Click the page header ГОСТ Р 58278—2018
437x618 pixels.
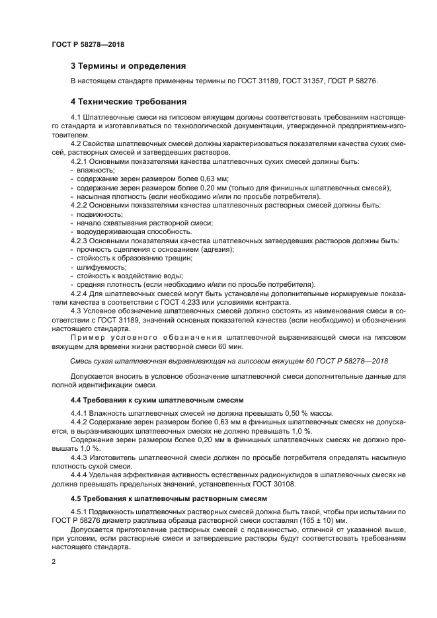tap(88, 45)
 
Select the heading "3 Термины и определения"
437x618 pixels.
tap(128, 66)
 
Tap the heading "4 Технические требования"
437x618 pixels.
tap(128, 102)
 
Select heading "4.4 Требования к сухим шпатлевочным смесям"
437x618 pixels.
tap(157, 400)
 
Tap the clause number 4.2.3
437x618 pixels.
tap(81, 241)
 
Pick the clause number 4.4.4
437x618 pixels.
tap(81, 475)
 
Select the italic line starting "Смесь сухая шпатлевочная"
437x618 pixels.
tap(229, 362)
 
